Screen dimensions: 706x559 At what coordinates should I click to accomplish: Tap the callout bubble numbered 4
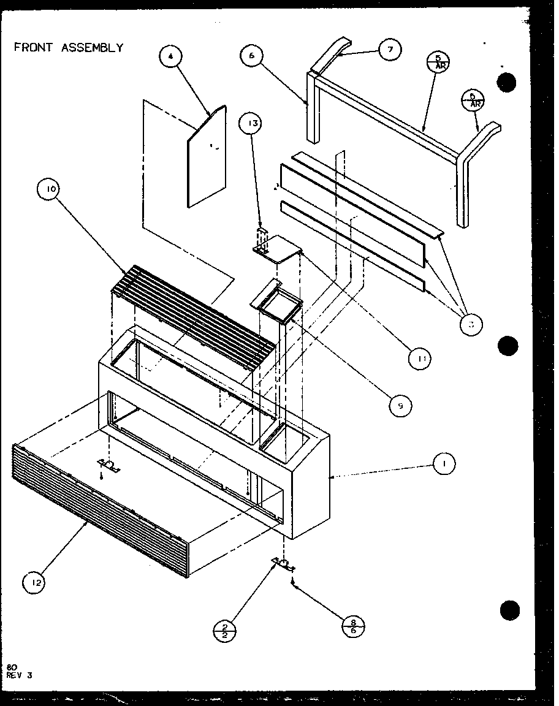170,57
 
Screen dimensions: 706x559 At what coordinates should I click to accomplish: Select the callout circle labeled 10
50,190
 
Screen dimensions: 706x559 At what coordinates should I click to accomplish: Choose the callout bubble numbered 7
389,49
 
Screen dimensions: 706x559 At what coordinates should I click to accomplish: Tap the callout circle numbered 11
422,357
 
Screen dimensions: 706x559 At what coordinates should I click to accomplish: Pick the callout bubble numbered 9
399,404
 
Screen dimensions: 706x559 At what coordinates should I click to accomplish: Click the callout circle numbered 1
444,464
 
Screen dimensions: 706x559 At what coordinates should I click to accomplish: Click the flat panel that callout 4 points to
207,159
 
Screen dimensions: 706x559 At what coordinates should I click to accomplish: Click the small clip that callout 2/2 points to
283,562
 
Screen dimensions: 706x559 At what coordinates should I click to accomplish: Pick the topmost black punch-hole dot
508,83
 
